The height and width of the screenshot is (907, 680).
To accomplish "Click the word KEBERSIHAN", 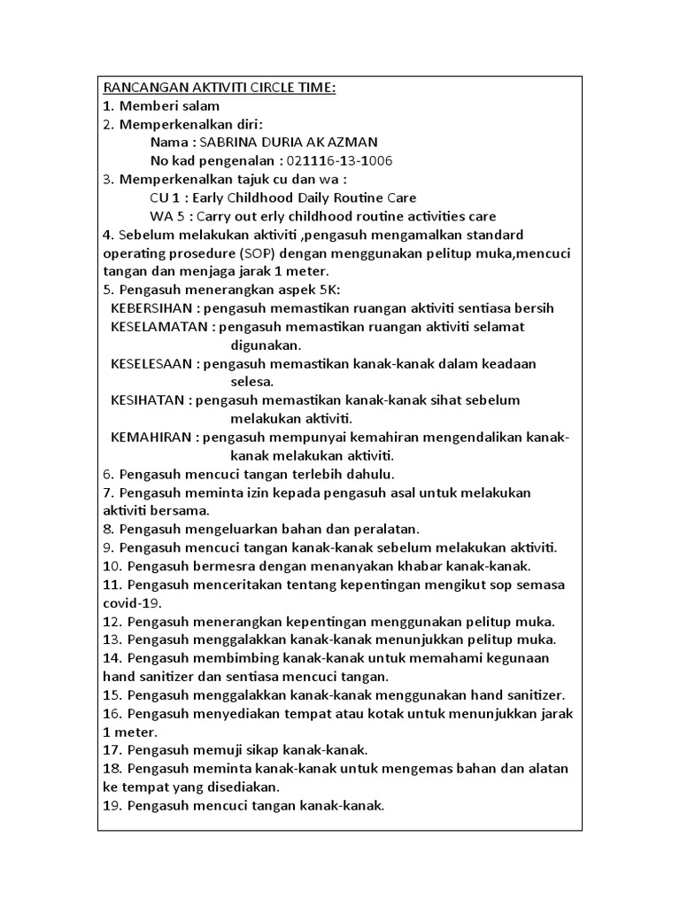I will (x=151, y=308).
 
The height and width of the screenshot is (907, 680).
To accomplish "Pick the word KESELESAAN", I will (x=152, y=364).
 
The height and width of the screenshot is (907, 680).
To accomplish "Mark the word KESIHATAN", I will (x=148, y=400).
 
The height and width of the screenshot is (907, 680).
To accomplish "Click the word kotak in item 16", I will (x=375, y=714).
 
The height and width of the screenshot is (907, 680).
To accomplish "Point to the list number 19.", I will (x=113, y=806).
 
